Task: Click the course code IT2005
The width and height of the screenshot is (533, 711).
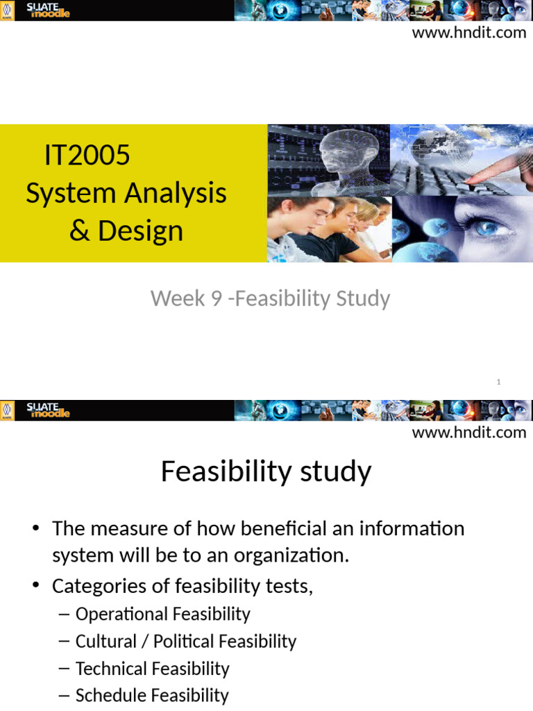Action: [87, 155]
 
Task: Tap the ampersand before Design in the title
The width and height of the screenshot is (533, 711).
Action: [81, 231]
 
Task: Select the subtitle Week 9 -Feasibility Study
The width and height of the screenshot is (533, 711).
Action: [270, 299]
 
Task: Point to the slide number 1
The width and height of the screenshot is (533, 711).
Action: [499, 383]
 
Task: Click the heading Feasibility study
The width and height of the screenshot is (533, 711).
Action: [266, 472]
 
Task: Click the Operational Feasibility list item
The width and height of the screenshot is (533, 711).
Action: [162, 614]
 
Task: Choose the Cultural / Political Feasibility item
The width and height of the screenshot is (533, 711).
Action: [185, 641]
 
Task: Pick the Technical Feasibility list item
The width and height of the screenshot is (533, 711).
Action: [152, 669]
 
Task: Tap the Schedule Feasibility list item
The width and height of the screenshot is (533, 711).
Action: [151, 695]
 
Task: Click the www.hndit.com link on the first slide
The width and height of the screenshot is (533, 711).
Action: [469, 33]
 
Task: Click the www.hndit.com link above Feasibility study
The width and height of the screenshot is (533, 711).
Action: [469, 433]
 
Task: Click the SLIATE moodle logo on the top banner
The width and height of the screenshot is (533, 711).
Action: [47, 10]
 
